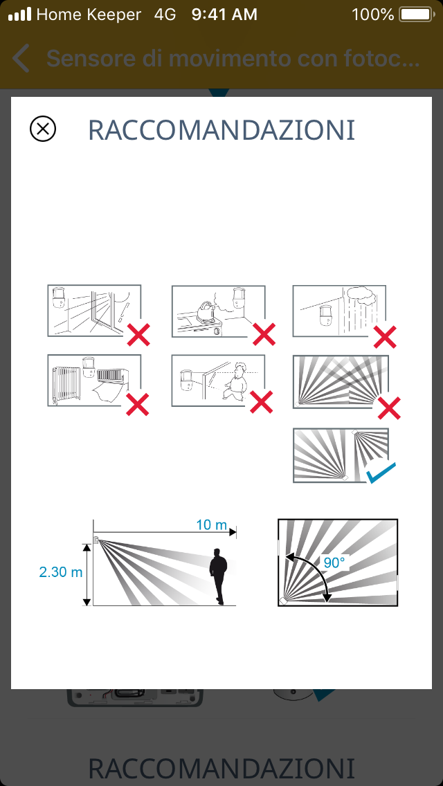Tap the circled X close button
point(43,129)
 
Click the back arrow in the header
point(21,58)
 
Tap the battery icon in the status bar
point(416,15)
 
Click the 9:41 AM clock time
point(224,15)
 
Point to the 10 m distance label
point(211,525)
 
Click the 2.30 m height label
point(61,572)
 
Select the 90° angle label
point(334,563)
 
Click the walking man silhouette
point(218,576)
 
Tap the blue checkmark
point(381,473)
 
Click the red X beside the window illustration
point(138,335)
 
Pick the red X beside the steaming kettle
point(264,334)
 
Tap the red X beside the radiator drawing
point(138,404)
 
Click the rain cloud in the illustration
point(361,295)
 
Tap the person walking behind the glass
point(235,381)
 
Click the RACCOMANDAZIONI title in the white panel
point(221,130)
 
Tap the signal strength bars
point(19,14)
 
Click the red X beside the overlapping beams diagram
point(389,408)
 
